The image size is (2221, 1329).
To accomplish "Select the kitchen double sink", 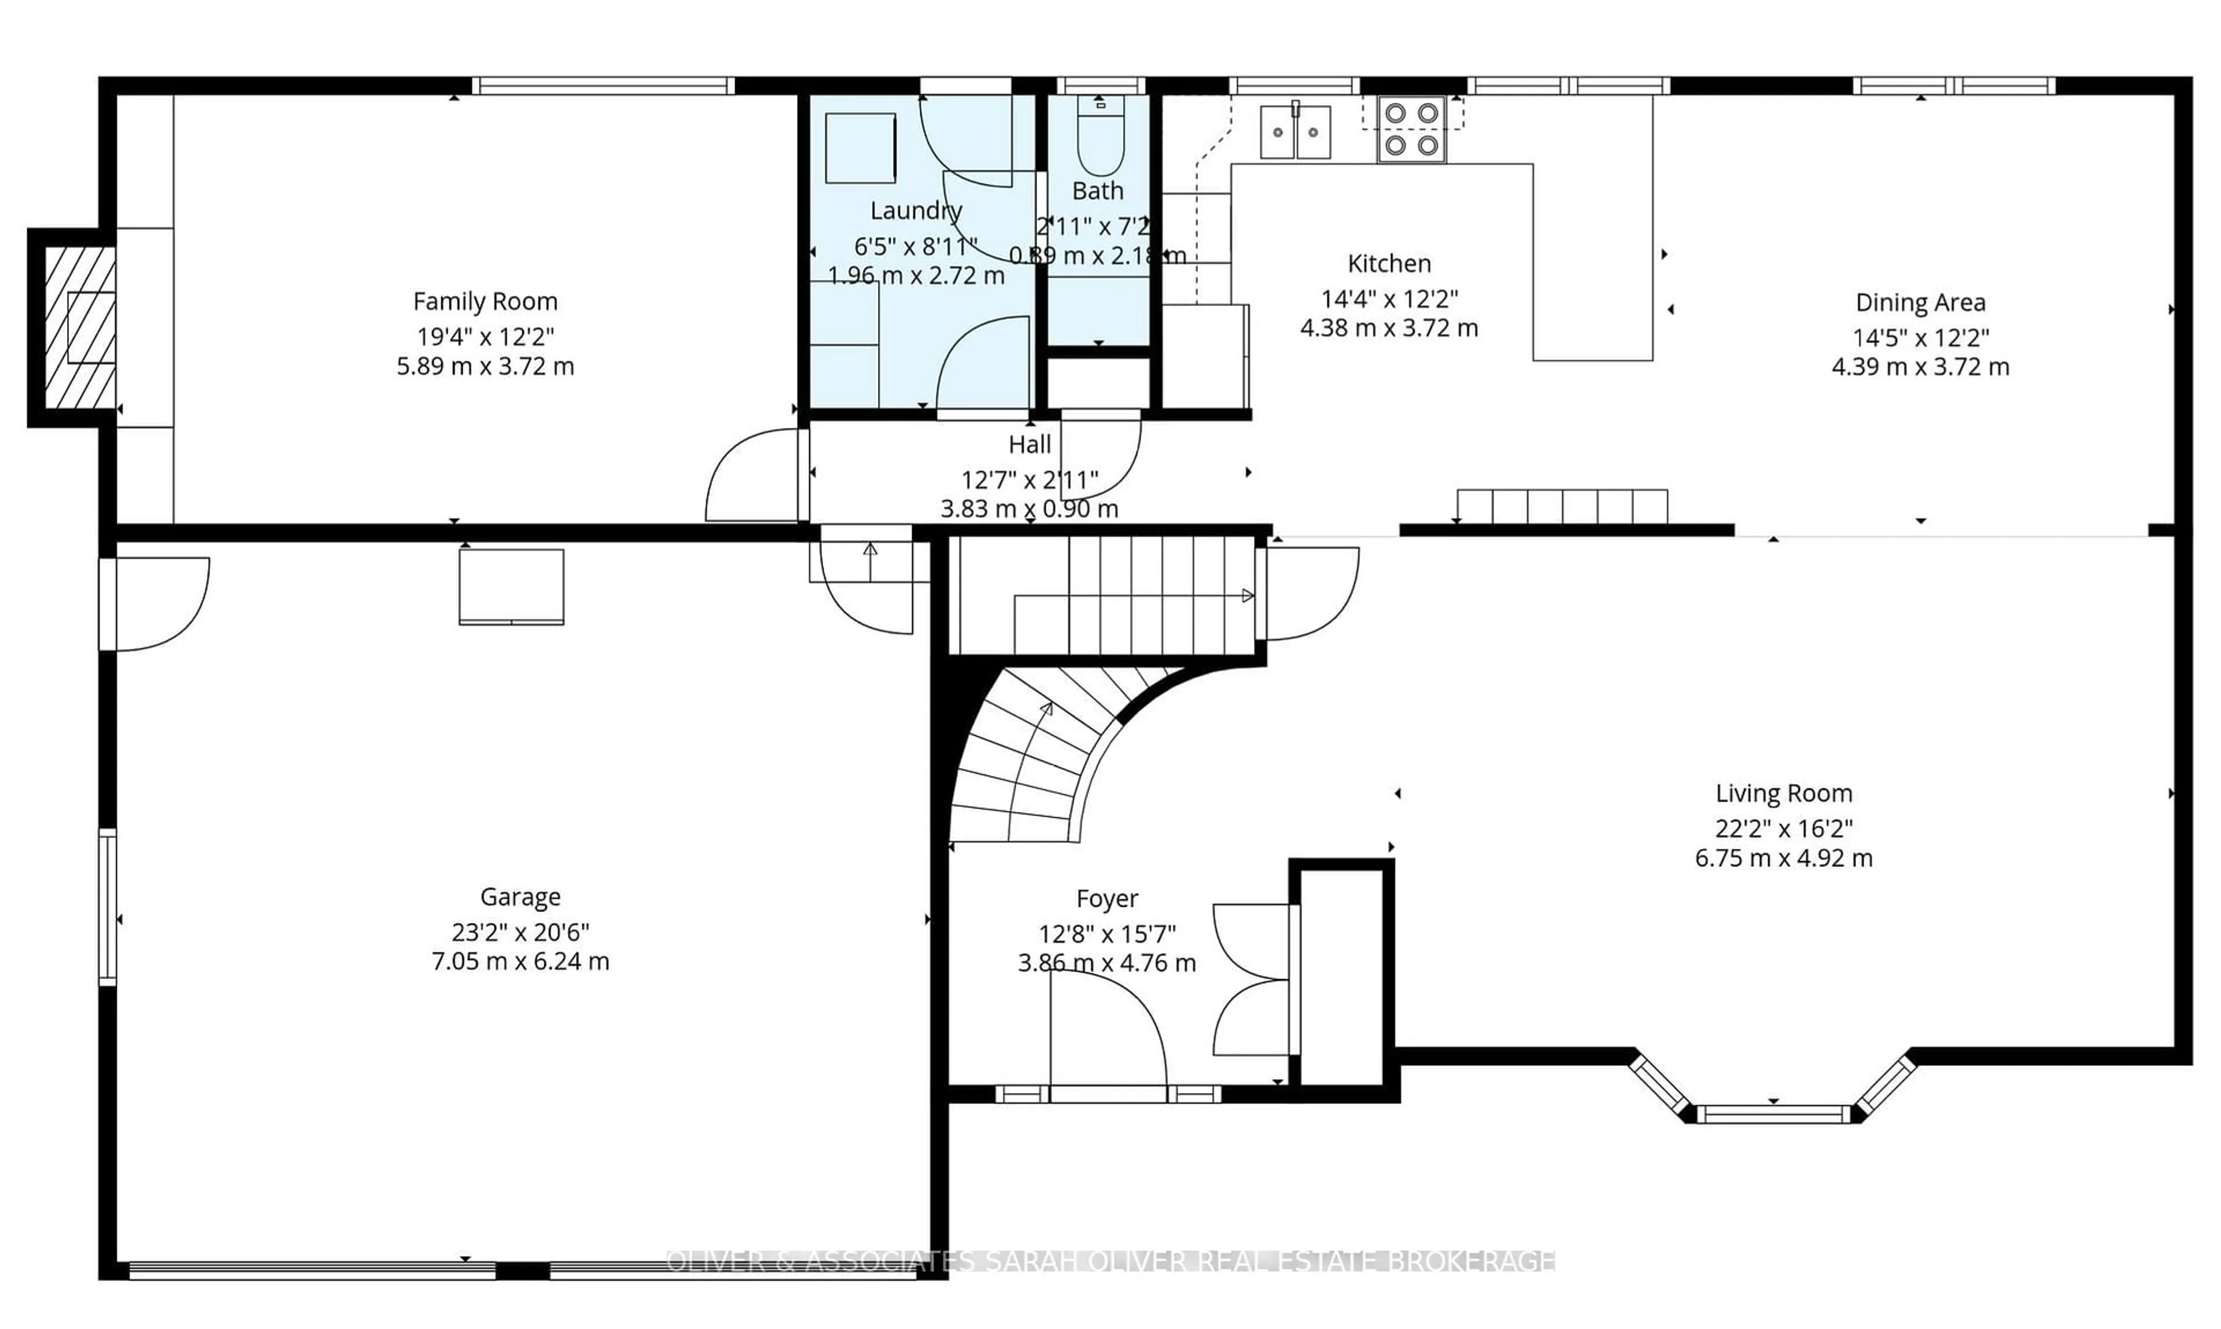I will pos(1295,132).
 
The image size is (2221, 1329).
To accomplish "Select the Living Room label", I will pos(1783,793).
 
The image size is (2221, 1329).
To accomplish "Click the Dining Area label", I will pos(1919,302).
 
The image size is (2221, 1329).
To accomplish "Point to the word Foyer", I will pos(1107,898).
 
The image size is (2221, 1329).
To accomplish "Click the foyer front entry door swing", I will pos(1107,1030).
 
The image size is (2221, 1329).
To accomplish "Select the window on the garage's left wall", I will pos(108,907).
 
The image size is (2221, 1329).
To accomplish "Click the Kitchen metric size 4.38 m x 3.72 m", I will pos(1388,328).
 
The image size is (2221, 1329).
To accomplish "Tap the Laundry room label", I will pos(915,211).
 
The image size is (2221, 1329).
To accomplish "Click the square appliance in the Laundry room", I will pos(859,149).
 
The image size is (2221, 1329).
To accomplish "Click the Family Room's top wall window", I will pos(603,86).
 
